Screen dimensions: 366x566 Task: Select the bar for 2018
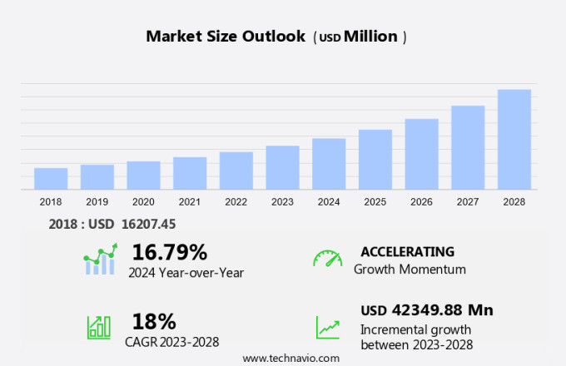(x=51, y=179)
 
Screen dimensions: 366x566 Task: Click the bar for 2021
(x=190, y=173)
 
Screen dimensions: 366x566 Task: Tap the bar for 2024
(x=329, y=164)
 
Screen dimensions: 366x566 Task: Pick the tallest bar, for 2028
(x=514, y=139)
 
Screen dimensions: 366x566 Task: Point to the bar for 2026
(x=421, y=154)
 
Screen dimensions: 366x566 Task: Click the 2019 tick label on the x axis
(x=97, y=202)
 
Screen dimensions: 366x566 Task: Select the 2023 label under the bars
(x=282, y=202)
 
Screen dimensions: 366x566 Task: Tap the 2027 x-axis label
(x=468, y=202)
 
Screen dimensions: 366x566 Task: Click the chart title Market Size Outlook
(x=226, y=37)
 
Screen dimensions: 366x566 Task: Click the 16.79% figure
(x=170, y=252)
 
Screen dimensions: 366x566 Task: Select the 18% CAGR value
(x=154, y=321)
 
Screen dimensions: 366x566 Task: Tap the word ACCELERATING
(x=407, y=251)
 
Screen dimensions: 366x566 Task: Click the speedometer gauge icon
(x=327, y=259)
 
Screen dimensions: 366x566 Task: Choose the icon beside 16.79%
(x=99, y=260)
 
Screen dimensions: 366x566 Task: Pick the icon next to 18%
(x=99, y=326)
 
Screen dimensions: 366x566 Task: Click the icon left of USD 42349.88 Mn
(x=327, y=326)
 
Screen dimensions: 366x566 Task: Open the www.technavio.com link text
(x=291, y=358)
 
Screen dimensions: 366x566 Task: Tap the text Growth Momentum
(x=410, y=270)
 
